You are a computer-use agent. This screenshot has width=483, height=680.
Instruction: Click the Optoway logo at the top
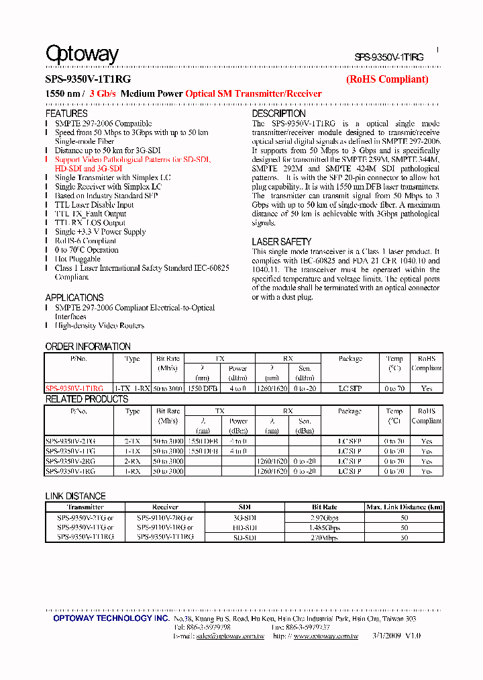tap(82, 54)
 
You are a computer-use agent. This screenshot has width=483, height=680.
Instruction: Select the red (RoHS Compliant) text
tap(386, 79)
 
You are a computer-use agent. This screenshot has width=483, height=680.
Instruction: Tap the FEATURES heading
tap(66, 114)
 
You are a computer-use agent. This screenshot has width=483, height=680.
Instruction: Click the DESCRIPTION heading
tap(278, 114)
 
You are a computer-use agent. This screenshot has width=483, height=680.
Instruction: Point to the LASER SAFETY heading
tap(281, 241)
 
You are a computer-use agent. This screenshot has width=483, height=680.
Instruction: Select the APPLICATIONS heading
tap(74, 298)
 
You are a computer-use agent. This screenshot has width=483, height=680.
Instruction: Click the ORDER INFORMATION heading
tap(88, 347)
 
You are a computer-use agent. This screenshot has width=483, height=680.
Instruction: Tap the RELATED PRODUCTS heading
tap(87, 399)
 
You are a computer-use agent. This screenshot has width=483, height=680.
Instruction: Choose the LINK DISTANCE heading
tap(75, 496)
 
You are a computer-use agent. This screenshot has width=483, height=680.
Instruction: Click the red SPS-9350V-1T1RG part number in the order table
tap(74, 388)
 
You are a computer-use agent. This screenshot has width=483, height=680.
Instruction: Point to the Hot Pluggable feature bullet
tap(78, 259)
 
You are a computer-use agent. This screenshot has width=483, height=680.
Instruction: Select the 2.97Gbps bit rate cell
tap(325, 519)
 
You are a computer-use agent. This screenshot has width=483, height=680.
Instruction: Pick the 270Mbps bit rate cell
tap(325, 538)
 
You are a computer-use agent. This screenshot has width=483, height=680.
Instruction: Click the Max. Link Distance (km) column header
tap(404, 507)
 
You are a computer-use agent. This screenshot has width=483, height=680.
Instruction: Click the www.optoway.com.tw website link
tap(325, 636)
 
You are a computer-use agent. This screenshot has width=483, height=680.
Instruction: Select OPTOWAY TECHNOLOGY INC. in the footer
tap(111, 618)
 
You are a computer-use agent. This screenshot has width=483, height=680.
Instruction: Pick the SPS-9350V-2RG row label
tap(71, 462)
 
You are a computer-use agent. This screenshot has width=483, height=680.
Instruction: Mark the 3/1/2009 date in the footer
tap(383, 636)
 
